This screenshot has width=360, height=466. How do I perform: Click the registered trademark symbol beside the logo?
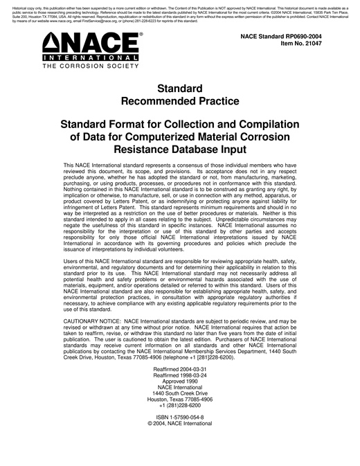pos(141,33)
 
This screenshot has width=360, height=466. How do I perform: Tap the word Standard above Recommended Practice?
pos(180,89)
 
